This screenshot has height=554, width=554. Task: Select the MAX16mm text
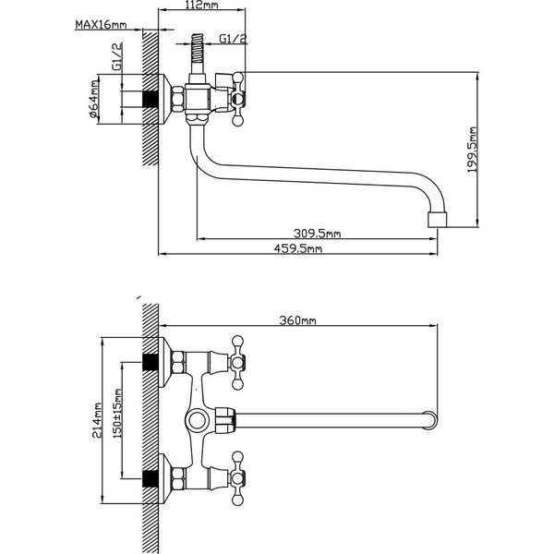[x=101, y=25]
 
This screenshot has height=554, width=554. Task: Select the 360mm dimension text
[x=297, y=321]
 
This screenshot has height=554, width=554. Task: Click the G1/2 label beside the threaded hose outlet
[x=234, y=39]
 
